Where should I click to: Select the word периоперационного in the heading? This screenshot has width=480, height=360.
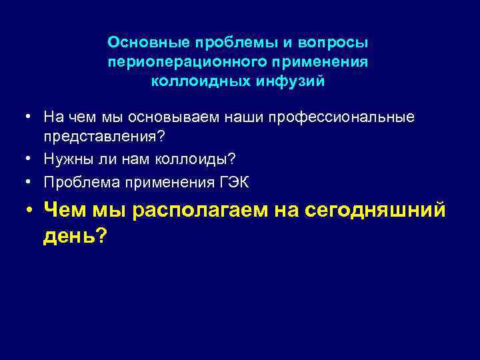175,63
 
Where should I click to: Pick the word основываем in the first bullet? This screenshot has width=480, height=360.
163,117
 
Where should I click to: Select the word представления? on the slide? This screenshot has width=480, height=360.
104,136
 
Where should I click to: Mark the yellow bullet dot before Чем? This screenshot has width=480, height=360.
29,211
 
